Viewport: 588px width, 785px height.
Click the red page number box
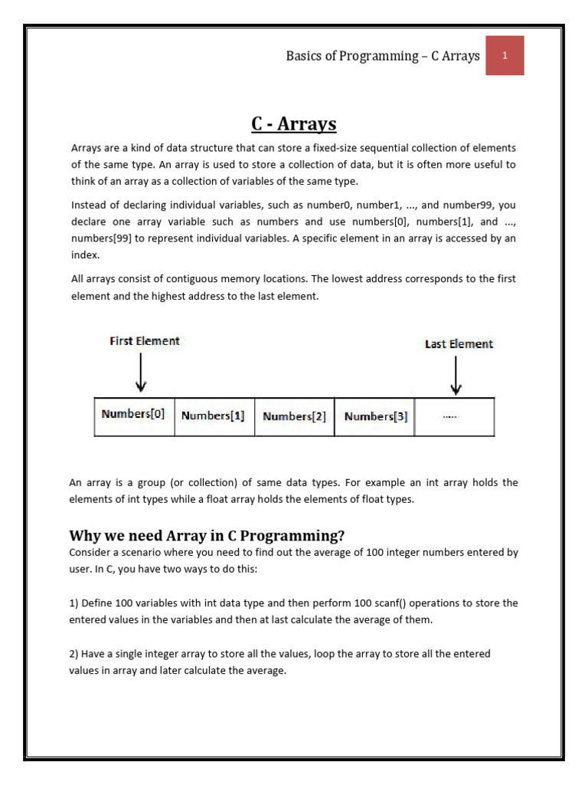[x=505, y=56]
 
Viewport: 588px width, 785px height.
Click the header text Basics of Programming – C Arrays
[x=383, y=56]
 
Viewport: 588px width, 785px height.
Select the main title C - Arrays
[x=294, y=123]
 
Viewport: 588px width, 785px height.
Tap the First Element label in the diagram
[x=144, y=341]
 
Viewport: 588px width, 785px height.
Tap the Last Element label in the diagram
[x=459, y=344]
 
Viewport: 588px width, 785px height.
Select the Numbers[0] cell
[x=134, y=415]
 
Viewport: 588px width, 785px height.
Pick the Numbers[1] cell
[x=214, y=416]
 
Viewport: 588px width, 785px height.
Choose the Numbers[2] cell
[x=294, y=417]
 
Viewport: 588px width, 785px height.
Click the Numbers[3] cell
[x=375, y=417]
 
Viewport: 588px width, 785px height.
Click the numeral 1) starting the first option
[x=76, y=603]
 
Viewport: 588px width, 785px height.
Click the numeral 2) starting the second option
[x=76, y=654]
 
